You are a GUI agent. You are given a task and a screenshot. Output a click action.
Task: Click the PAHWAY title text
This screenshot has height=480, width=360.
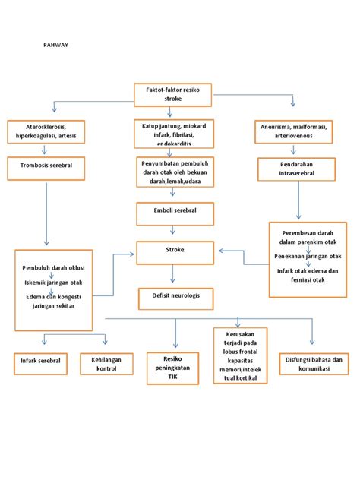click(x=54, y=45)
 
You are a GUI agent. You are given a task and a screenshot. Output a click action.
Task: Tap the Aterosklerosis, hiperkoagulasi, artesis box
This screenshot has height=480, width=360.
click(x=46, y=131)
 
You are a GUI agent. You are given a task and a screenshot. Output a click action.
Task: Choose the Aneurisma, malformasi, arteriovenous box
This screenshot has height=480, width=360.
click(x=295, y=131)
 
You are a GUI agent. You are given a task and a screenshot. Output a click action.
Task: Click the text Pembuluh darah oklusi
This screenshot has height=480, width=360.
click(x=52, y=268)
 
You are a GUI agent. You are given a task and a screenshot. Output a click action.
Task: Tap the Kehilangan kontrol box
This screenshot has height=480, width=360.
click(x=106, y=364)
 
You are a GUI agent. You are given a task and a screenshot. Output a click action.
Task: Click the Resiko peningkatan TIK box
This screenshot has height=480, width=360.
click(x=174, y=368)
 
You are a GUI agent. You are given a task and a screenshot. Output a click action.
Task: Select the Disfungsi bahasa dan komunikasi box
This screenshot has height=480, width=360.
click(x=314, y=362)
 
